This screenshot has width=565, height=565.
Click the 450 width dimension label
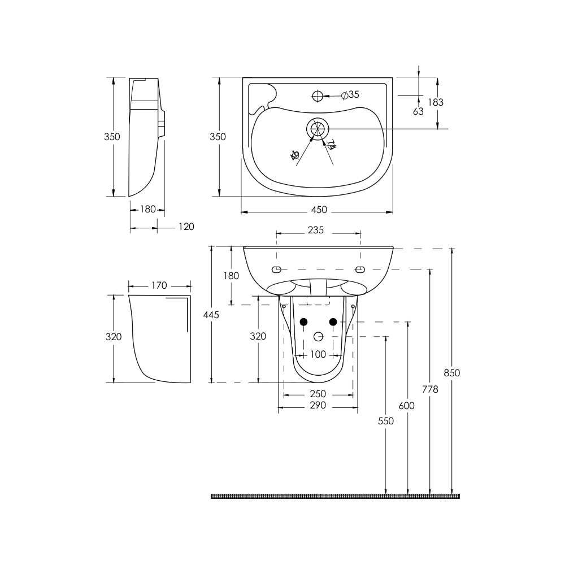coord(319,210)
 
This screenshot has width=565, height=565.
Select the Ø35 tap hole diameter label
coord(350,95)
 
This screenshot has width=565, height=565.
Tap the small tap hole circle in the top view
coord(318,96)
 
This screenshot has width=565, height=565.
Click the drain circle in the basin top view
coord(318,129)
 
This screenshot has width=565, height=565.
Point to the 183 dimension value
coord(435,102)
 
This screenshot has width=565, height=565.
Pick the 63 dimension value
coord(418,111)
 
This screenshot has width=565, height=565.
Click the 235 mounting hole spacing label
coord(316,230)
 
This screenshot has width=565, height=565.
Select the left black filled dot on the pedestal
coord(303,322)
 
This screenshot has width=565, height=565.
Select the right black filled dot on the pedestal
coord(333,322)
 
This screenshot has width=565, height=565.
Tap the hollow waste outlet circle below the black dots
coord(318,337)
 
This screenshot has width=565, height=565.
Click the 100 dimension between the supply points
coord(318,354)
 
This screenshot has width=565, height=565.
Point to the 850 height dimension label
coord(452,373)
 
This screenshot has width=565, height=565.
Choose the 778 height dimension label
coord(430,389)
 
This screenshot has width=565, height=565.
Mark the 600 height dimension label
coord(406,406)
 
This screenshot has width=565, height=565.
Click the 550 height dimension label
coord(386,421)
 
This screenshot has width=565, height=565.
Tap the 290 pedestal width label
coord(318,406)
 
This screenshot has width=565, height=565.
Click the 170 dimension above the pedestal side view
coord(159,285)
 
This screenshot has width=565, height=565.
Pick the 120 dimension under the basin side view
coord(186,227)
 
